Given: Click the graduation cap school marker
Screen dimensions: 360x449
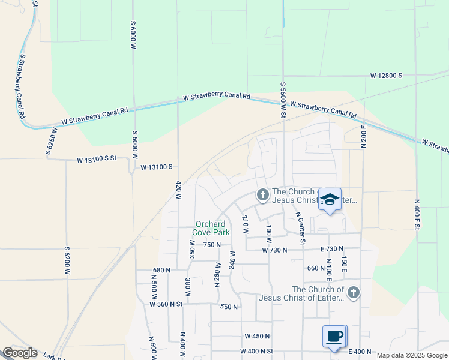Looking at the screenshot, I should pyautogui.click(x=330, y=199).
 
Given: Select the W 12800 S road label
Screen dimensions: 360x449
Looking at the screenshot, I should pyautogui.click(x=386, y=76).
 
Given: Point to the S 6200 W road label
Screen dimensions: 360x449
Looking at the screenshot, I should pyautogui.click(x=67, y=261).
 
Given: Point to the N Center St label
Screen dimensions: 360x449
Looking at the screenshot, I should pyautogui.click(x=300, y=228).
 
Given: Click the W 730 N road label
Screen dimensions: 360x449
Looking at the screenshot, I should pyautogui.click(x=275, y=250).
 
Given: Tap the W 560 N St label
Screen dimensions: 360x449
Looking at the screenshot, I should pyautogui.click(x=166, y=304).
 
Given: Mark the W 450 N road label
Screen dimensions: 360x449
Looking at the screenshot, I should pyautogui.click(x=257, y=336).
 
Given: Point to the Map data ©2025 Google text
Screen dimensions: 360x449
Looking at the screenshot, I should pyautogui.click(x=412, y=355).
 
